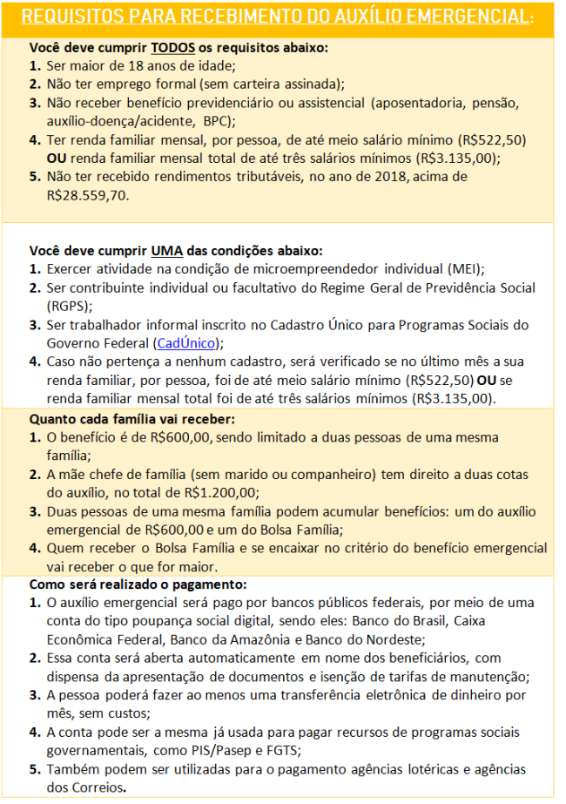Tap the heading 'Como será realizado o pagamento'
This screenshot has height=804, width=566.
pos(139,584)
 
